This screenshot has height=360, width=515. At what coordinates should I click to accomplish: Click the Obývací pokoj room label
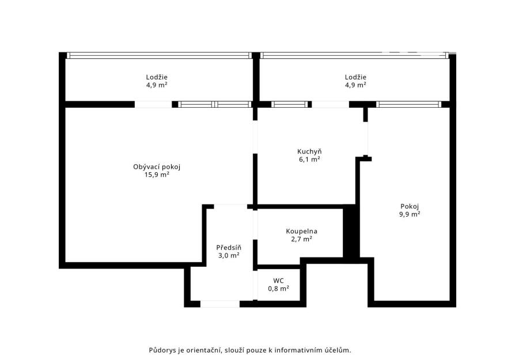point(157,167)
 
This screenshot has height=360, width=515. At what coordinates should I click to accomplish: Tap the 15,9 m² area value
point(157,175)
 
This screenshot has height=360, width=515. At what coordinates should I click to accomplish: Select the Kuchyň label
point(309,151)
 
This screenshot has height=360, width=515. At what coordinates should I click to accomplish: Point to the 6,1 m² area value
point(309,160)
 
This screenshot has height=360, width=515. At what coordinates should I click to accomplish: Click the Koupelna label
point(301,232)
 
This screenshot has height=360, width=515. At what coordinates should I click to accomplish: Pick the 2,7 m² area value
point(301,240)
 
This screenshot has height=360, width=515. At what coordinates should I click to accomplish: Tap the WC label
point(278,281)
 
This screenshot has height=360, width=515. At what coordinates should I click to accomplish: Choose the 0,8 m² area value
point(278,289)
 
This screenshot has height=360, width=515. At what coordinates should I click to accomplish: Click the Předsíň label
point(229,247)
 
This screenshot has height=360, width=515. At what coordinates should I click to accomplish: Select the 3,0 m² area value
point(229,255)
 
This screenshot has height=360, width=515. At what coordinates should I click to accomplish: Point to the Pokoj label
point(410,207)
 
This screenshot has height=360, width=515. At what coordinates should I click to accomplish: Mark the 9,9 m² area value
point(410,214)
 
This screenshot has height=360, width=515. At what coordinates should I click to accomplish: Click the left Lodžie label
point(157,77)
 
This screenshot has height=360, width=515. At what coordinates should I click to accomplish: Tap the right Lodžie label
point(355,77)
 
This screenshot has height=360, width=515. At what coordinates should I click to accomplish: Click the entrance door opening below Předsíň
point(220,304)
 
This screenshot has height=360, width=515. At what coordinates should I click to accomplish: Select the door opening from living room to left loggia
point(153,104)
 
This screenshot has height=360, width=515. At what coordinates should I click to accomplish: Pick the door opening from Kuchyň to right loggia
point(330,104)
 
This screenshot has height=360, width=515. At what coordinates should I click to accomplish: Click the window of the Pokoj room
point(408,104)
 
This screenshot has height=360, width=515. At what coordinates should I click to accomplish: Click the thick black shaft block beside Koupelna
point(351,231)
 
